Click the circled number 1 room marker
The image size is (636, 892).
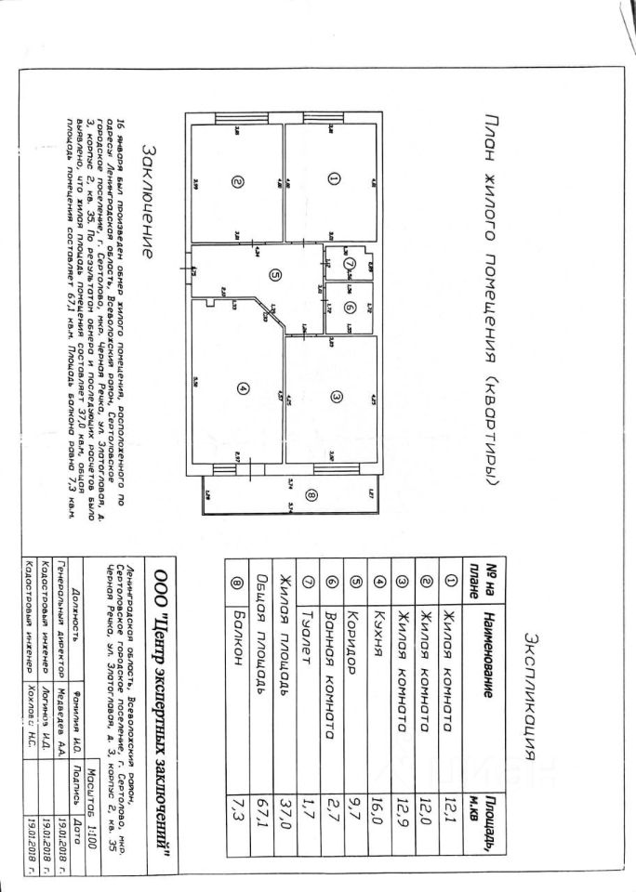tap(333, 179)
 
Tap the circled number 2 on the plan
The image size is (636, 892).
tap(237, 183)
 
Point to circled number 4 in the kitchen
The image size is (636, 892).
tap(242, 391)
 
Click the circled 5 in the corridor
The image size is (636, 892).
tap(274, 274)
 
